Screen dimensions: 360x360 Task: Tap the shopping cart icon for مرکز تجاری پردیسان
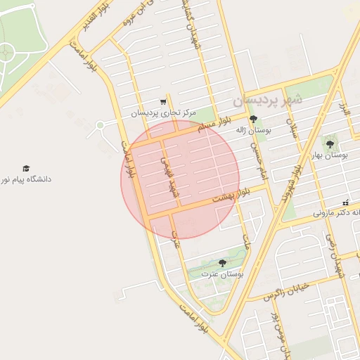click(164, 101)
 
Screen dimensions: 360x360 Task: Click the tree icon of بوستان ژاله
click(254, 119)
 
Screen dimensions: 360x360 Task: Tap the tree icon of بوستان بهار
click(329, 144)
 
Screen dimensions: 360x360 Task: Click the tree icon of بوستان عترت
click(222, 263)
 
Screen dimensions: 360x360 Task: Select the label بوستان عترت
click(221, 274)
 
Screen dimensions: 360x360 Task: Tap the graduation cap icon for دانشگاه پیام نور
click(26, 169)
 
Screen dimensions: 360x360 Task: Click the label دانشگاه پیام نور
click(26, 179)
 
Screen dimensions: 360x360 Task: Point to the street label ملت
click(245, 243)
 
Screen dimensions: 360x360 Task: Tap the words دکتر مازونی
click(330, 212)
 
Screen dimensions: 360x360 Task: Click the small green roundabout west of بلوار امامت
click(100, 125)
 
